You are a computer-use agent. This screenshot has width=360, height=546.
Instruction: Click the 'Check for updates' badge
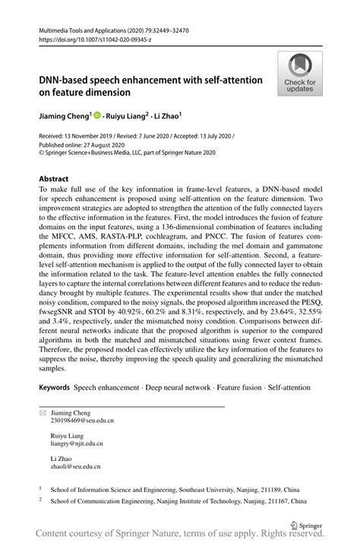pos(300,74)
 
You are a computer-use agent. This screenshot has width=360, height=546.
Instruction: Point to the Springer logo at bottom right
pos(307,524)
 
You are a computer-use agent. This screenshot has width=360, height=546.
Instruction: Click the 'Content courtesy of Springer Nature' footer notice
pos(180,538)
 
